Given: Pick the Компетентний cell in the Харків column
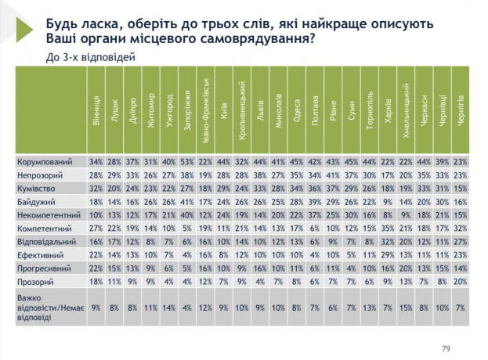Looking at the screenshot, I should [x=388, y=229].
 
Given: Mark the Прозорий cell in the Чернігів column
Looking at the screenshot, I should [x=461, y=282].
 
